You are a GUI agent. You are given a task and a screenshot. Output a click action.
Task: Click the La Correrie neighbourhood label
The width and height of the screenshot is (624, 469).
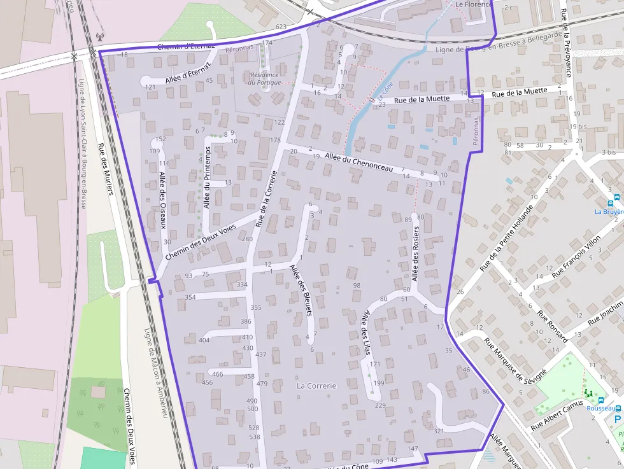pos(316,386)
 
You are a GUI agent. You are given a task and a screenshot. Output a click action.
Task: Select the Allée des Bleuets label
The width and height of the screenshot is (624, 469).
pos(302,290)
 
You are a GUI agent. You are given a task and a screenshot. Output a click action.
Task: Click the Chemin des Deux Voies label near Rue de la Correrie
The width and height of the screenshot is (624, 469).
pos(200,242)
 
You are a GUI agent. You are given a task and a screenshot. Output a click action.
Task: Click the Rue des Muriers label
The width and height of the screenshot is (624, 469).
pos(104,168)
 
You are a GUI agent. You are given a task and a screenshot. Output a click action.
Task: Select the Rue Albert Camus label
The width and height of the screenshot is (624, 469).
pos(557,415)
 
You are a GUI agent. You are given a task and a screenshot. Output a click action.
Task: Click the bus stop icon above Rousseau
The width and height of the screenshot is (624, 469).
pos(601,400)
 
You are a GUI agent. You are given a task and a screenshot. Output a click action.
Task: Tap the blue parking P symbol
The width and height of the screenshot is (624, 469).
pos(617,418)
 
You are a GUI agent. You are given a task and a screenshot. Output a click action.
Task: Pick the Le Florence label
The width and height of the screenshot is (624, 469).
pos(474,4)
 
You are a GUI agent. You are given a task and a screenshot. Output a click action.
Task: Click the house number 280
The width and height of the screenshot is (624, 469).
pos(247,239)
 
